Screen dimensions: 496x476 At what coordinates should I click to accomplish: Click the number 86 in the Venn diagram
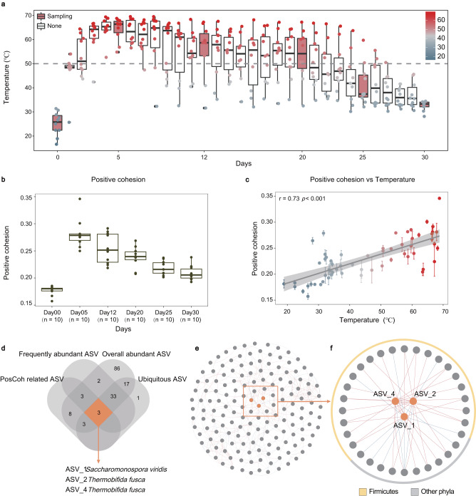tap(138, 368)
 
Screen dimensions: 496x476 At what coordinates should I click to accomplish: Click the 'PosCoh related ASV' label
tap(33, 378)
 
